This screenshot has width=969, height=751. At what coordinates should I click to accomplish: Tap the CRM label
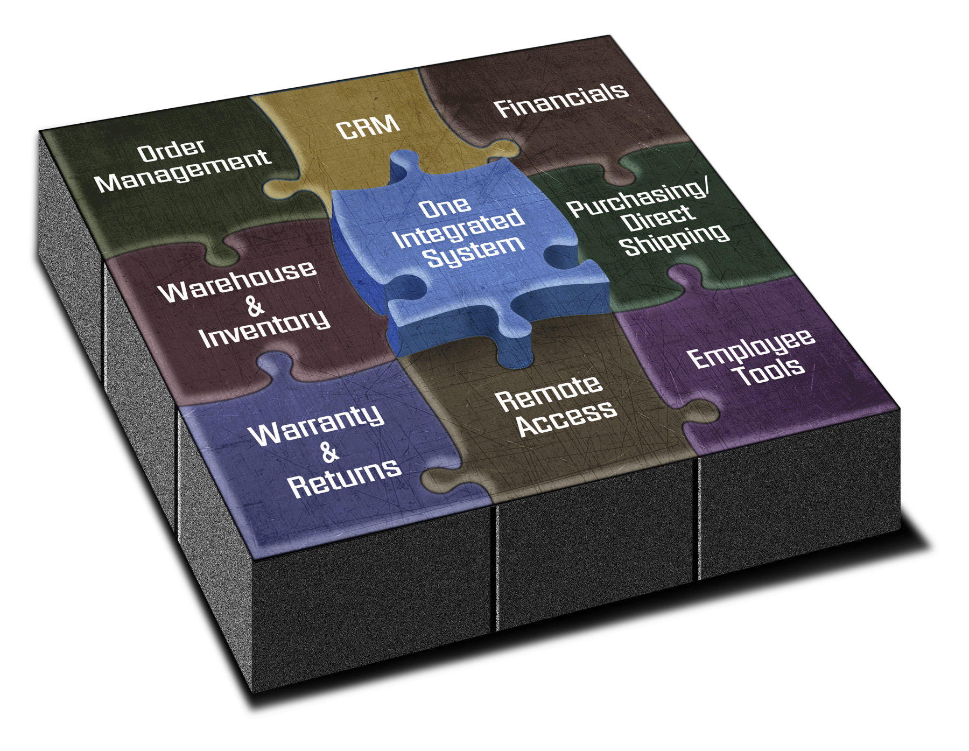pyautogui.click(x=368, y=127)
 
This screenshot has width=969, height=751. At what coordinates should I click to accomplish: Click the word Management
pyautogui.click(x=182, y=170)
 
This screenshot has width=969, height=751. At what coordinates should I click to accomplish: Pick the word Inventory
pyautogui.click(x=264, y=328)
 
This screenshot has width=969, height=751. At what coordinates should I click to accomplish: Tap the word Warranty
pyautogui.click(x=317, y=425)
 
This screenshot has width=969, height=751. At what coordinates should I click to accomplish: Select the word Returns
pyautogui.click(x=345, y=479)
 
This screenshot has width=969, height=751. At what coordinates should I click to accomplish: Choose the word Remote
pyautogui.click(x=549, y=394)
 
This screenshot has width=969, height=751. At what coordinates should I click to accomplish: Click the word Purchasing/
pyautogui.click(x=639, y=198)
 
